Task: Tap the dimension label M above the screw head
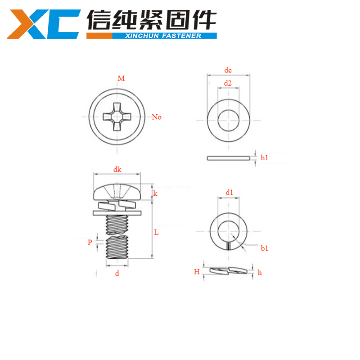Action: [121, 79]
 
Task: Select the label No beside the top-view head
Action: [156, 117]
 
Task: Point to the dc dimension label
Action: [228, 70]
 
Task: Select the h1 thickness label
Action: [264, 157]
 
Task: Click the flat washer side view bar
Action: [229, 158]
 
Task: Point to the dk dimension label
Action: [117, 170]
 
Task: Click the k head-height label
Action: [155, 193]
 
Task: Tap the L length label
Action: [156, 233]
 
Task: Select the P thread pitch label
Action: [90, 242]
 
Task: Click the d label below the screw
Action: [117, 273]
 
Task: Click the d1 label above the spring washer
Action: [229, 193]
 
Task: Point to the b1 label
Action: [264, 248]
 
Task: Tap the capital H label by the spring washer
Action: [197, 271]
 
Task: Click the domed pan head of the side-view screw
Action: [117, 191]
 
